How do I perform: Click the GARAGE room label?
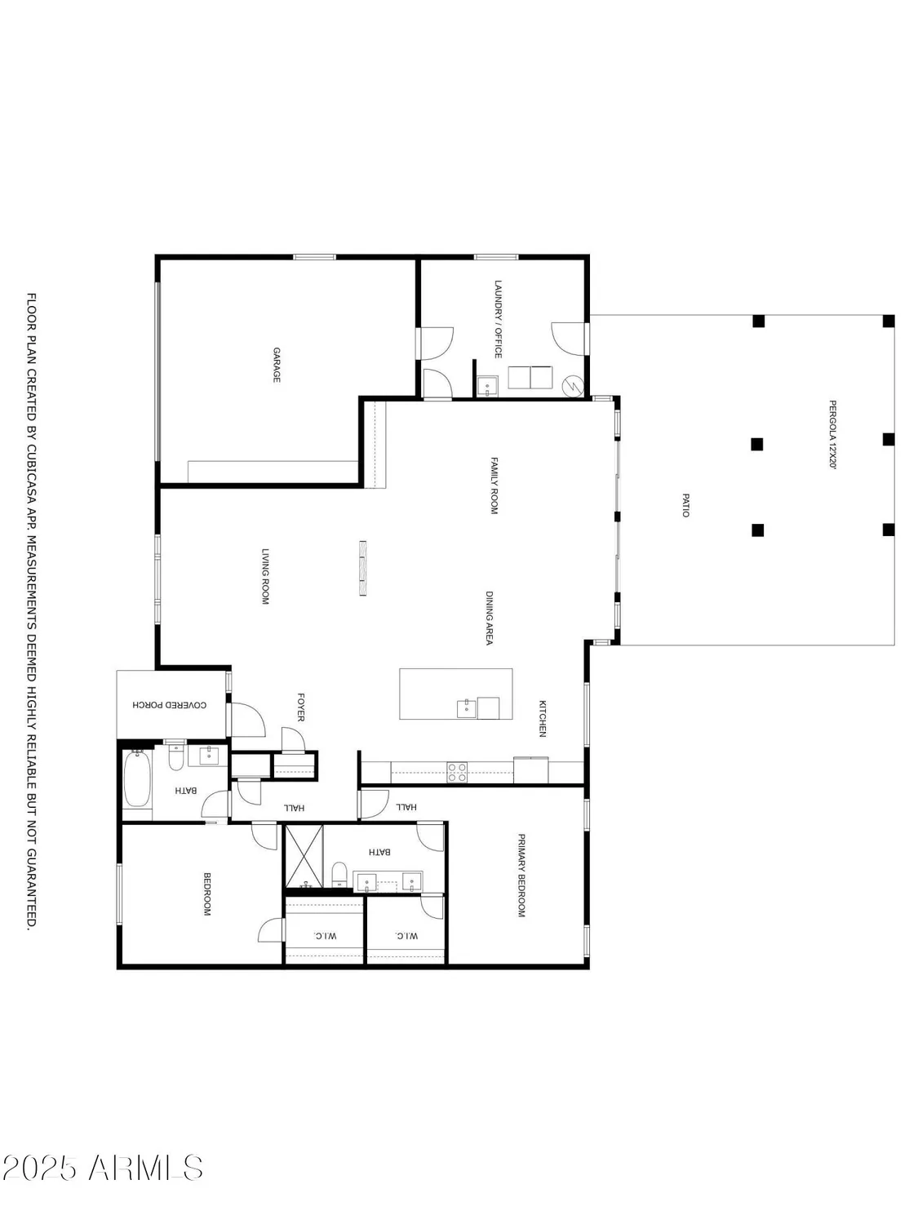coord(277,365)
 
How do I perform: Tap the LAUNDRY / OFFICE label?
coord(498,319)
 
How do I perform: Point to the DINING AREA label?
coord(490,618)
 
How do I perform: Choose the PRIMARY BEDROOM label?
coord(521,875)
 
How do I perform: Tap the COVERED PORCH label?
coord(170,704)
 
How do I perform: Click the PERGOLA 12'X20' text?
coord(833,435)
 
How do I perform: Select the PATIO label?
coord(685,503)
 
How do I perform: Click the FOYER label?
coord(300,707)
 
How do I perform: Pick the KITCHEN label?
coord(541,718)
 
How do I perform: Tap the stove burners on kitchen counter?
coord(457,772)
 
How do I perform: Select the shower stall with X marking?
coord(304,855)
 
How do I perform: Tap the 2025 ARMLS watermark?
coord(102,1168)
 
